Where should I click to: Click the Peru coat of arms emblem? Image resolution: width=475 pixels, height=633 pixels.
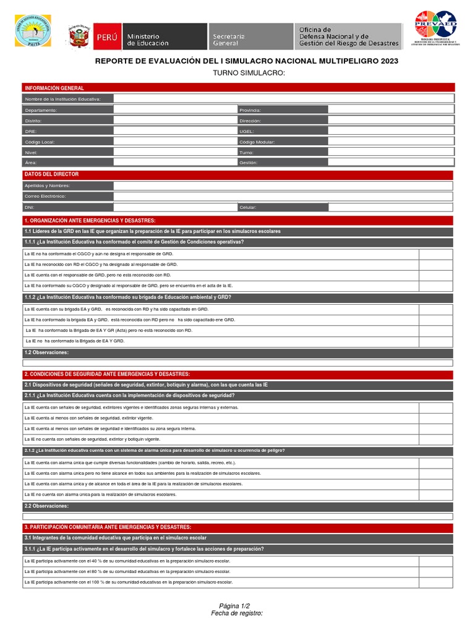point(79,36)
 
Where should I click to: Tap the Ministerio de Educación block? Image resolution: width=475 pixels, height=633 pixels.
point(166,36)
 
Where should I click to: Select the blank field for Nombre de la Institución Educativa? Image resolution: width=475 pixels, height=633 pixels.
point(283,99)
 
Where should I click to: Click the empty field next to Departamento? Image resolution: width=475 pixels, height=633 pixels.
point(175,109)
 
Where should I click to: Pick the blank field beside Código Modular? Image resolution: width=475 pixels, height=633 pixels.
point(391,142)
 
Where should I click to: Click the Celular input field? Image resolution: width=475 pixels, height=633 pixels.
point(391,207)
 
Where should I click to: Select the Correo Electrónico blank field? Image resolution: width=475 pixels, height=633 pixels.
point(283,197)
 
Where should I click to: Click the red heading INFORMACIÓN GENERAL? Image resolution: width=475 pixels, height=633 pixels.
point(54,88)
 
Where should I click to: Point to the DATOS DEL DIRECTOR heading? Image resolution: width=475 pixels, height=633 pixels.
point(51,174)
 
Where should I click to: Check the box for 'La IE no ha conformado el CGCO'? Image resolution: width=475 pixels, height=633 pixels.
point(436,253)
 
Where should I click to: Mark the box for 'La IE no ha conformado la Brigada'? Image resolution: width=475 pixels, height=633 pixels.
point(436,341)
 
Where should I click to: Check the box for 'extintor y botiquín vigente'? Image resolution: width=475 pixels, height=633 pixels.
point(436,439)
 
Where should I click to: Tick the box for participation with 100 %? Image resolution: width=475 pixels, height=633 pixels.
point(436,582)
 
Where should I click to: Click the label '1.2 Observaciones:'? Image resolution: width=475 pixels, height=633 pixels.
point(46,352)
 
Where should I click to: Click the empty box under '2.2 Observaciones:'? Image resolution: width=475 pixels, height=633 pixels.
point(238,516)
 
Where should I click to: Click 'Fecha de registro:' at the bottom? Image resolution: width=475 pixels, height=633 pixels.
point(237,613)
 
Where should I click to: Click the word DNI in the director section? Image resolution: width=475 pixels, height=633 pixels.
point(28,208)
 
